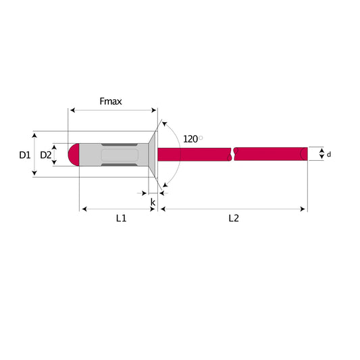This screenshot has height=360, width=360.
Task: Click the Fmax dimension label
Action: point(111,101)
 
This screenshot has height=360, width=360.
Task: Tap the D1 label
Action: point(25,155)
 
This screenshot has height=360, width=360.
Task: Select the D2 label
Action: point(46,155)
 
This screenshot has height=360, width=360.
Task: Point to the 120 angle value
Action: point(190,139)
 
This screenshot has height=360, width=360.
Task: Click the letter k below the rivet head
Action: point(153,202)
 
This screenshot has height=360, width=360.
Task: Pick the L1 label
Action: point(121,218)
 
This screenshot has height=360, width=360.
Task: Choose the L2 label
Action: point(234,218)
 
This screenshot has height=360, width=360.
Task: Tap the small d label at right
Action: point(329,155)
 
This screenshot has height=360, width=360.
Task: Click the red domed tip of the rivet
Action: point(74,155)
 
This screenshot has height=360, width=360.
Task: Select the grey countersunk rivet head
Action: point(152,155)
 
